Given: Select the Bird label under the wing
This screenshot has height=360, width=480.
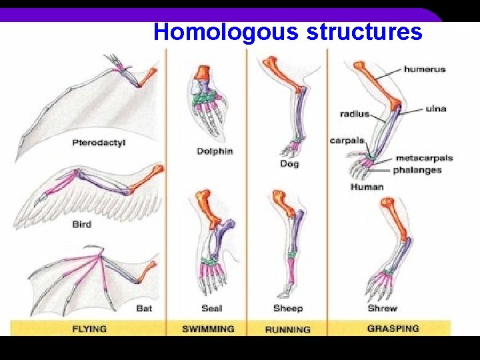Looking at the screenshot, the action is pyautogui.click(x=81, y=224).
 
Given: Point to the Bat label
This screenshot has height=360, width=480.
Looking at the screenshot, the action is pyautogui.click(x=144, y=308).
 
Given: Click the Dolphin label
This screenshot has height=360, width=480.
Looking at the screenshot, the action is pyautogui.click(x=215, y=151).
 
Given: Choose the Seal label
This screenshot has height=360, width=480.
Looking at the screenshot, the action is pyautogui.click(x=212, y=308).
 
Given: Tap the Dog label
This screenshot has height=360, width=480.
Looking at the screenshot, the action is pyautogui.click(x=289, y=163).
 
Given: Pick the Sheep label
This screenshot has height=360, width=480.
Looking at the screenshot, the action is pyautogui.click(x=288, y=308).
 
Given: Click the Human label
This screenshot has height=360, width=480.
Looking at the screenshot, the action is pyautogui.click(x=367, y=187).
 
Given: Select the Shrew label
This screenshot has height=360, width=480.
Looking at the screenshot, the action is pyautogui.click(x=382, y=308).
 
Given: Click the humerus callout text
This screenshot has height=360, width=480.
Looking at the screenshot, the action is pyautogui.click(x=424, y=69).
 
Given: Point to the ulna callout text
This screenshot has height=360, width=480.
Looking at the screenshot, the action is pyautogui.click(x=436, y=109).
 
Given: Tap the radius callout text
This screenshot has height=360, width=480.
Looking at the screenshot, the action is pyautogui.click(x=354, y=114).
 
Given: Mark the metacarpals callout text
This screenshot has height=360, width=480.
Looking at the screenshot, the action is pyautogui.click(x=424, y=158).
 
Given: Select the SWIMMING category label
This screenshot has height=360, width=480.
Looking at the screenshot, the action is pyautogui.click(x=209, y=328).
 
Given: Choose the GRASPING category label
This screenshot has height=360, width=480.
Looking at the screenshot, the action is pyautogui.click(x=393, y=328).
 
